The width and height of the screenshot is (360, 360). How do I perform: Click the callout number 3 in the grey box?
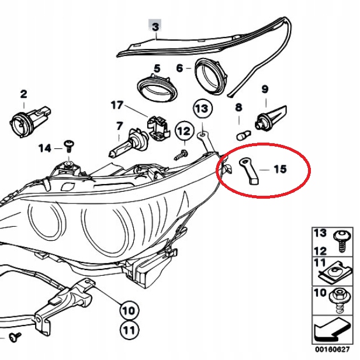pyautogui.click(x=155, y=27)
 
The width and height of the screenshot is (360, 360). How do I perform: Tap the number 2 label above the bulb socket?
pyautogui.click(x=23, y=94)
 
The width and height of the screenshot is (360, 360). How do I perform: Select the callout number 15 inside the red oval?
pyautogui.click(x=280, y=169)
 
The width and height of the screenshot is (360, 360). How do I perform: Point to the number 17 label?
pyautogui.click(x=117, y=105)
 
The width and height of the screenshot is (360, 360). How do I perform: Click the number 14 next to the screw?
pyautogui.click(x=44, y=148)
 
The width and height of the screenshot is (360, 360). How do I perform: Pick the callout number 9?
pyautogui.click(x=265, y=89)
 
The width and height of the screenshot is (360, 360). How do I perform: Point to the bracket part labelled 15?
pyautogui.click(x=247, y=170)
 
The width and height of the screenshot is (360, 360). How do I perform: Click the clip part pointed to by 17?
pyautogui.click(x=156, y=126)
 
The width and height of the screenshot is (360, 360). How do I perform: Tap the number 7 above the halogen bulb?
pyautogui.click(x=119, y=126)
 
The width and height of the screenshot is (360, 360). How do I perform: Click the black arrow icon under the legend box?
pyautogui.click(x=331, y=334)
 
